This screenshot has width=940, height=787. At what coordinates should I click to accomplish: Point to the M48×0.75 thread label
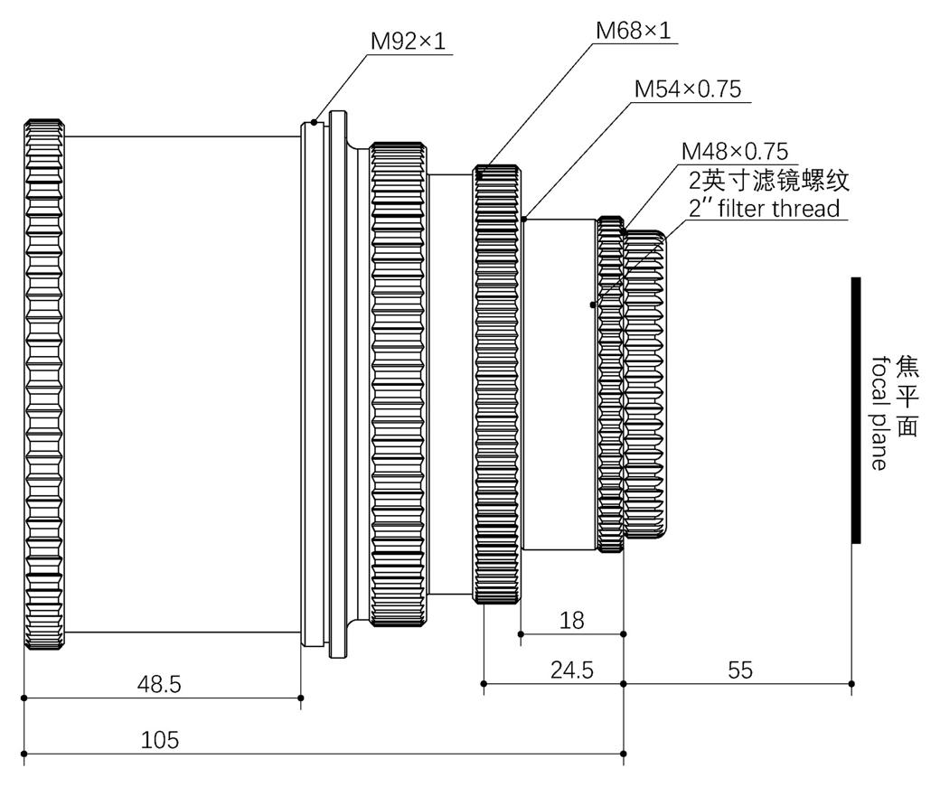click(x=735, y=150)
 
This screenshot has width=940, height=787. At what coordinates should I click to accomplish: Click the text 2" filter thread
click(x=765, y=209)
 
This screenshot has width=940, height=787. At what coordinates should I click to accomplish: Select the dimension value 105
click(x=160, y=741)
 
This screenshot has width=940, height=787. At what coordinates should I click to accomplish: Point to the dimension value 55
click(x=740, y=670)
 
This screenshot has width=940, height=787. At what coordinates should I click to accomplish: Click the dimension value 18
click(x=572, y=621)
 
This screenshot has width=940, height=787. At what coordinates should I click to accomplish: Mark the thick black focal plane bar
click(x=856, y=410)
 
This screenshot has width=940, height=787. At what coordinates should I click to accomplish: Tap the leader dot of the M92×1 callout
click(x=314, y=122)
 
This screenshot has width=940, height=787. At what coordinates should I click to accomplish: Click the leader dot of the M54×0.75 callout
click(x=524, y=219)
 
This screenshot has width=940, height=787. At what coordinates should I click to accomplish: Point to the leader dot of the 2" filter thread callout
click(x=593, y=304)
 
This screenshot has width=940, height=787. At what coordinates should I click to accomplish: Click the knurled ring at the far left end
click(x=44, y=384)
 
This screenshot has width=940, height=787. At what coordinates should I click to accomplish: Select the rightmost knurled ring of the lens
click(x=645, y=384)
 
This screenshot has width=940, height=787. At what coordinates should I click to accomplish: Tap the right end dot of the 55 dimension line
click(x=851, y=684)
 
